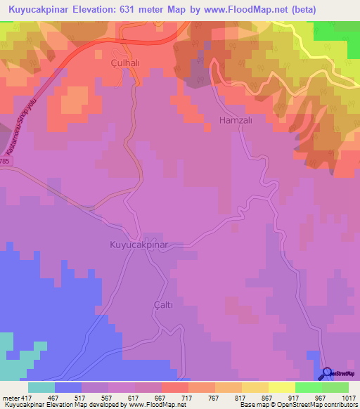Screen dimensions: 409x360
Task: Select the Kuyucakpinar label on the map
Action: coord(136,245)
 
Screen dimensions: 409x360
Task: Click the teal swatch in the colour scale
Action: coord(41,387)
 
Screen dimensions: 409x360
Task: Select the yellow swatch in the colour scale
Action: coord(281,387)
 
